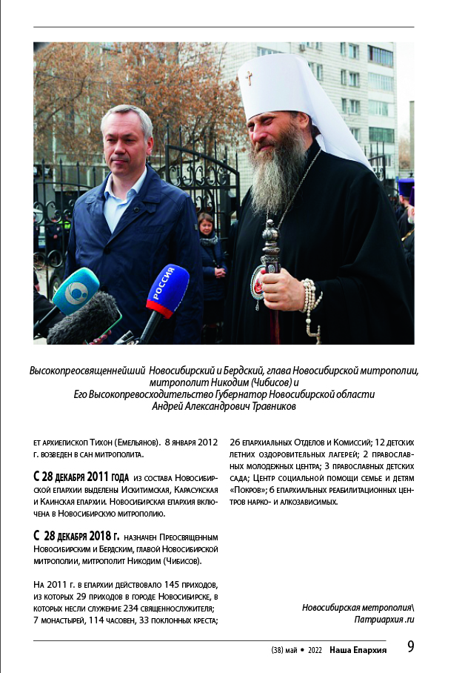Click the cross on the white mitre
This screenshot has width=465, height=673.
click(249, 77)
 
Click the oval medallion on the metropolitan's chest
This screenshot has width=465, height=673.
click(258, 288)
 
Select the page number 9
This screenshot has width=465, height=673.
click(410, 646)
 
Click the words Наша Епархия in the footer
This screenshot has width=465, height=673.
click(358, 649)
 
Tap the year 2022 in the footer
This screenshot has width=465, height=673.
click(314, 649)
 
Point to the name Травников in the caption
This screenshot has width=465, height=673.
click(264, 405)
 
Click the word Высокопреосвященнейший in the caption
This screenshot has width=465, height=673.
click(87, 370)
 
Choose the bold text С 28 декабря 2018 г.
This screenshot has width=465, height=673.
click(76, 535)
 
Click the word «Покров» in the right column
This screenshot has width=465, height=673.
click(247, 490)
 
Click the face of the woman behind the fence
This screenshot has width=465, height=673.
click(205, 222)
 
